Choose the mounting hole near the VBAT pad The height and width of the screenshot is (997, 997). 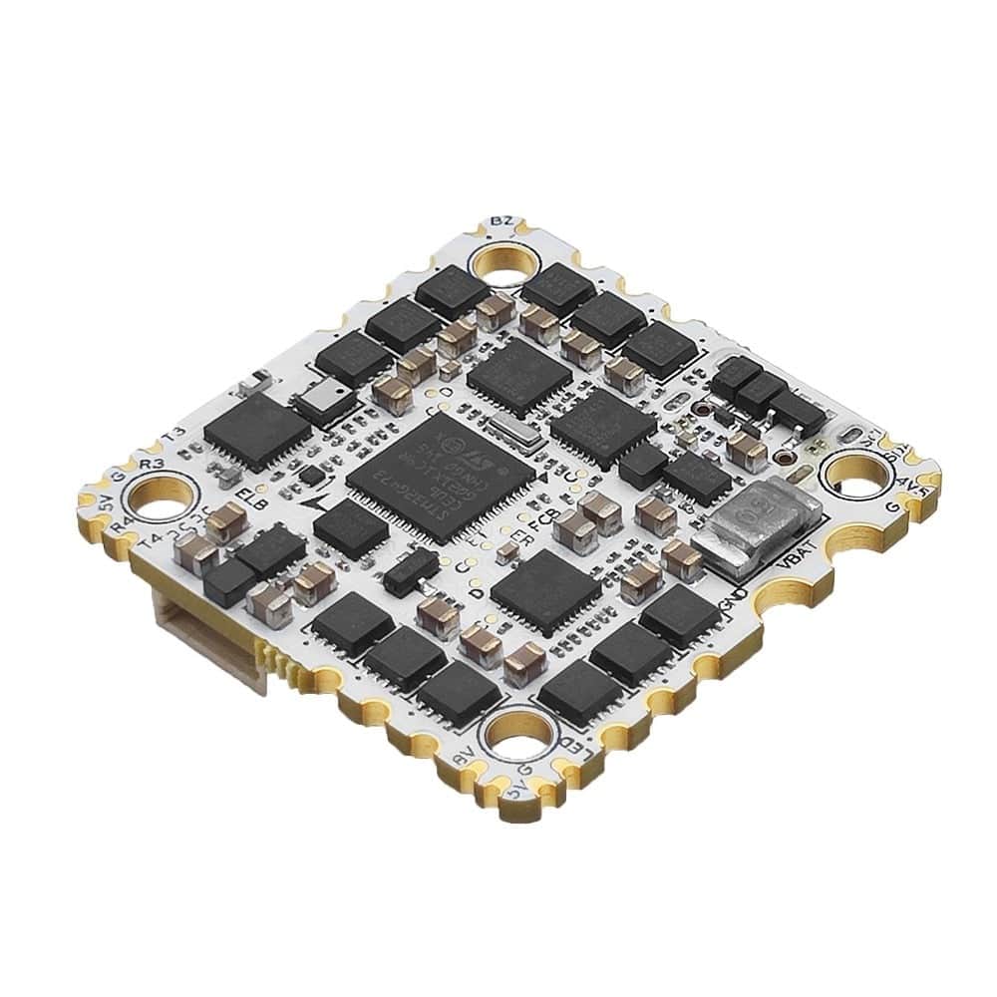click(857, 477)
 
